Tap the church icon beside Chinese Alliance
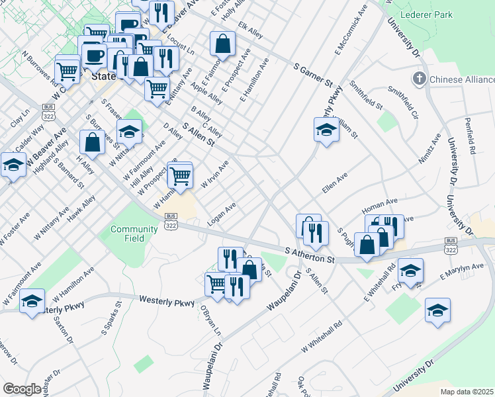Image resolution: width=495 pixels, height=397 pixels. (418, 79)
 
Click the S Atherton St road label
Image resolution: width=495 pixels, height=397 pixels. (310, 255)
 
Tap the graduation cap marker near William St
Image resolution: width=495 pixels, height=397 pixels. (326, 130)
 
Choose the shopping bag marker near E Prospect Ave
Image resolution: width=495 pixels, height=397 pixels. (223, 44)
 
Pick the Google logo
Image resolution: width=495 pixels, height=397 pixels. (21, 389)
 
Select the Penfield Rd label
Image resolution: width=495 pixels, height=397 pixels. (471, 136)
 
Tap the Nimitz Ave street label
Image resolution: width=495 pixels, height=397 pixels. (429, 150)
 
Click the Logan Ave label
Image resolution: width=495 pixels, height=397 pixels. (222, 214)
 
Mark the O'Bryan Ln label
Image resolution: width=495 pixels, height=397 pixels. (203, 320)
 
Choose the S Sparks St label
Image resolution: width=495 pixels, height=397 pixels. (110, 318)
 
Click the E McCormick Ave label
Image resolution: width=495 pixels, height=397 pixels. (351, 30)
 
